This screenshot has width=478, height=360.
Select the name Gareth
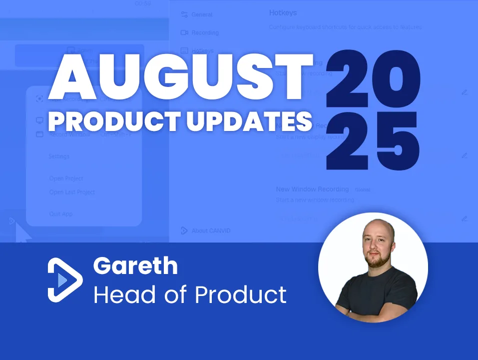[135, 266]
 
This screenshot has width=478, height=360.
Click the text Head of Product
[190, 295]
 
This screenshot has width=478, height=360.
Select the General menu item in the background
[202, 14]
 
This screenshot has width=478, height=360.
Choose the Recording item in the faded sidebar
[205, 32]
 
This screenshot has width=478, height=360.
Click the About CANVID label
[211, 230]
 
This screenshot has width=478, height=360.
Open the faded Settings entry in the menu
[59, 156]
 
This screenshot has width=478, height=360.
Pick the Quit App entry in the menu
[61, 214]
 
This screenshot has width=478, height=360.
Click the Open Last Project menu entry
[72, 192]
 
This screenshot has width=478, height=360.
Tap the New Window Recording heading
[312, 189]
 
